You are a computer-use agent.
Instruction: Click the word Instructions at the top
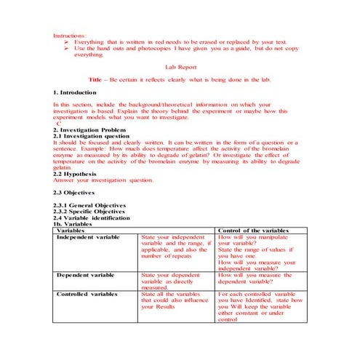coord(70,36)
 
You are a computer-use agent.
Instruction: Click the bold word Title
coord(95,79)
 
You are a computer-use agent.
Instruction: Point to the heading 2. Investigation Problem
coord(89,129)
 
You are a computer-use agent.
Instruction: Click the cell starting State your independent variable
coord(175,247)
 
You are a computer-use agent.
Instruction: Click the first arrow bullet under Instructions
coord(67,43)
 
